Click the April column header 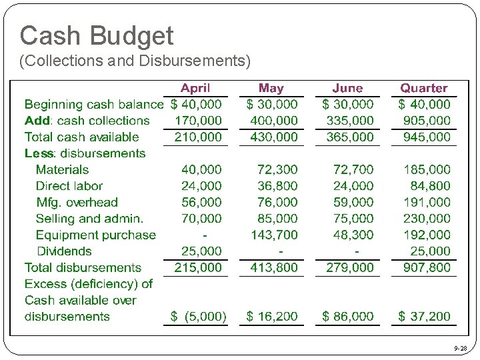[195, 88]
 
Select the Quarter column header [423, 88]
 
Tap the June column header [347, 88]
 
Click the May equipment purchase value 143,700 [274, 235]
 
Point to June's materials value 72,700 [350, 169]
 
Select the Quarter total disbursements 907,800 [426, 267]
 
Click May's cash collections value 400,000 [274, 121]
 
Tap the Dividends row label [64, 251]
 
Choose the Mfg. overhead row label [77, 202]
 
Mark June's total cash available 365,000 [350, 137]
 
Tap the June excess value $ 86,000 [348, 316]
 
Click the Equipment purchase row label [95, 235]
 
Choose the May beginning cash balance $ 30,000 [272, 104]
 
